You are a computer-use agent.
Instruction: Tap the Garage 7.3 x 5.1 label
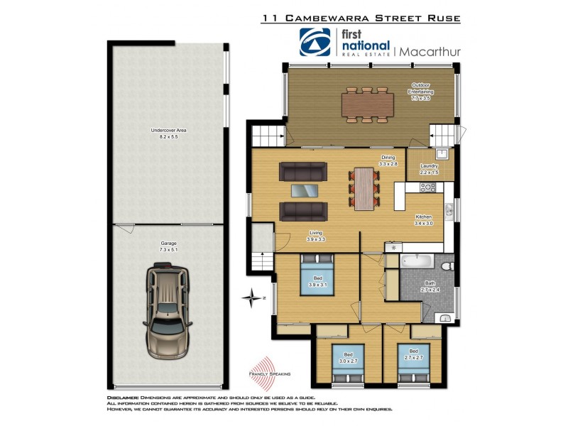pyautogui.click(x=168, y=246)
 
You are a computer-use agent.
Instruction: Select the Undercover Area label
pyautogui.click(x=168, y=133)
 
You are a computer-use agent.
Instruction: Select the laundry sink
pyautogui.click(x=442, y=153)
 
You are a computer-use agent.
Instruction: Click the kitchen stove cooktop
pyautogui.click(x=427, y=188)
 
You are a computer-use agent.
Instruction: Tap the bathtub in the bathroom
pyautogui.click(x=416, y=261)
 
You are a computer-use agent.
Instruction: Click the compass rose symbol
pyautogui.click(x=253, y=297)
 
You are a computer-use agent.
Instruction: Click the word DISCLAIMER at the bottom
pyautogui.click(x=123, y=398)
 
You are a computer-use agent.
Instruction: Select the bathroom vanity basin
pyautogui.click(x=443, y=317)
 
